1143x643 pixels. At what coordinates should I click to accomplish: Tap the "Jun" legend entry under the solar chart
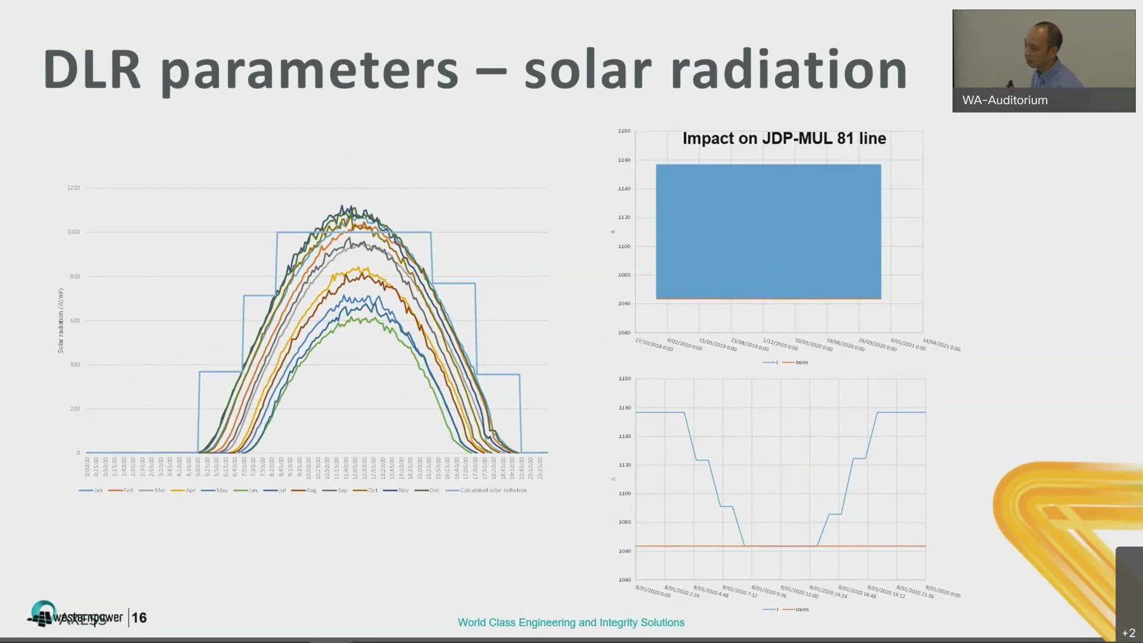[252, 491]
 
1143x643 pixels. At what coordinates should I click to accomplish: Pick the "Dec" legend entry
[434, 491]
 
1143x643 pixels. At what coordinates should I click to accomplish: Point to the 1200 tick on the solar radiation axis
[73, 188]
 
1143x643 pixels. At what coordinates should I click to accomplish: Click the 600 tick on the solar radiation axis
[74, 321]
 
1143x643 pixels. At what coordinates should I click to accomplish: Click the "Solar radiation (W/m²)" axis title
[61, 320]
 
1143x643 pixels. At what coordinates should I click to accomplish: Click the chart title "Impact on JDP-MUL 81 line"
[784, 139]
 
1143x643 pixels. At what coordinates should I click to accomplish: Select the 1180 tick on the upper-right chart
[624, 131]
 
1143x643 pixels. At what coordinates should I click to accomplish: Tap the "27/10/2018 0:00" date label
[654, 345]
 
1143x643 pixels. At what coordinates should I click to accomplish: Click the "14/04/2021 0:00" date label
[941, 345]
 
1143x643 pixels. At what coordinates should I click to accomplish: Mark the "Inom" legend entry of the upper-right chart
[801, 363]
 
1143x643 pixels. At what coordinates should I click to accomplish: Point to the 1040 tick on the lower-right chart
[624, 580]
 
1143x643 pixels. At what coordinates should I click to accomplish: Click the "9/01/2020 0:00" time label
[943, 592]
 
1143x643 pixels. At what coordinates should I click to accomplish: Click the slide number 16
[139, 618]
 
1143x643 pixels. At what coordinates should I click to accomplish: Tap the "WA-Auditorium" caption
[1005, 101]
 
